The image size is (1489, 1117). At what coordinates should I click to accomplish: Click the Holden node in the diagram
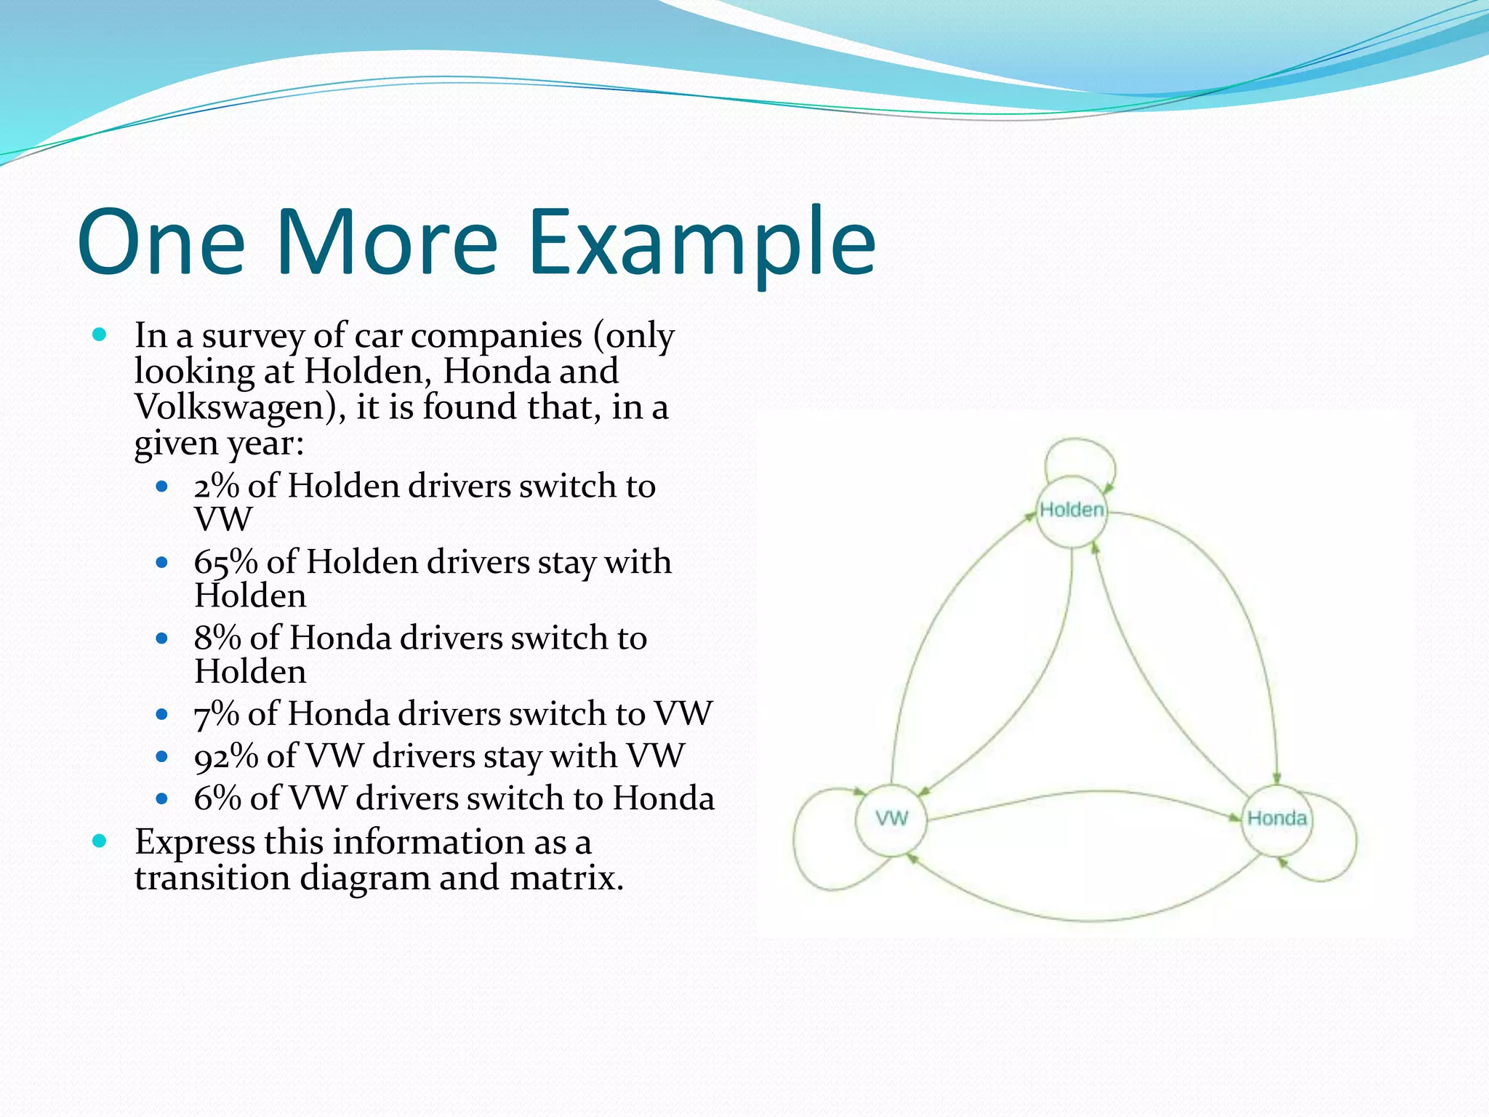point(1072,511)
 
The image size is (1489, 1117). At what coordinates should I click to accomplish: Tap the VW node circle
point(891,819)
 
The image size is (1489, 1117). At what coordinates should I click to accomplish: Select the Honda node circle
point(1277,819)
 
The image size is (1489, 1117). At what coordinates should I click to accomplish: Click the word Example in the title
point(701,243)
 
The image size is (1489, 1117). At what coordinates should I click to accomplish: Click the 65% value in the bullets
point(225,562)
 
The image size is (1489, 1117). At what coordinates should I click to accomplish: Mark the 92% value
point(225,756)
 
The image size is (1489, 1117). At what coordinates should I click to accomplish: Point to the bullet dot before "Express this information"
point(100,842)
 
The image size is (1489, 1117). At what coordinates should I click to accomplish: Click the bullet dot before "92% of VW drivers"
point(162,757)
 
